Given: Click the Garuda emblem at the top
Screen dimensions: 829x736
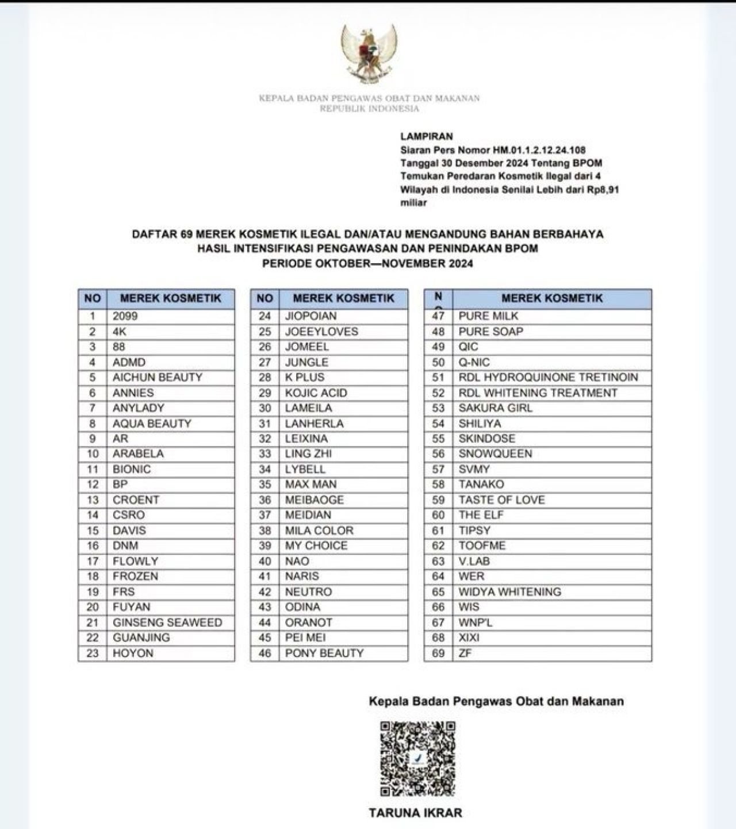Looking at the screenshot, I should (369, 53).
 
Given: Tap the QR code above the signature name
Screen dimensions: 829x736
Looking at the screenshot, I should (418, 758).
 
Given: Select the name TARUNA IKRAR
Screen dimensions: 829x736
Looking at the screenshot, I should (415, 812).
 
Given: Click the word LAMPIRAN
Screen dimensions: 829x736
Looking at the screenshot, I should (427, 136).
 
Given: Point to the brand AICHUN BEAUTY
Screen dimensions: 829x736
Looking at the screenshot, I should (158, 377).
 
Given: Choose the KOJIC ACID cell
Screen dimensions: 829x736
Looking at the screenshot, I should (316, 393).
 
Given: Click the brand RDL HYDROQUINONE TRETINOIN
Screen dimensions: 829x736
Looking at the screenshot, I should (548, 377).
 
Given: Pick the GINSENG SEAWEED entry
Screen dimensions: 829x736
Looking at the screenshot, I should (167, 622).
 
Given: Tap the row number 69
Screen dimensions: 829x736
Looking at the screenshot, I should (438, 653).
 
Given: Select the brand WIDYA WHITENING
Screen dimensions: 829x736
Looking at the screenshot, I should (509, 592).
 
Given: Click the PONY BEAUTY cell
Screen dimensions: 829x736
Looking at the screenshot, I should (324, 653).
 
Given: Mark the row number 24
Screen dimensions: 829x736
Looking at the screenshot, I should (264, 316).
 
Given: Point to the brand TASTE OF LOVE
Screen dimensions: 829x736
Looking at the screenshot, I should (501, 500).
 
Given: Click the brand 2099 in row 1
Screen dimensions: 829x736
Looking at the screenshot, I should (125, 316).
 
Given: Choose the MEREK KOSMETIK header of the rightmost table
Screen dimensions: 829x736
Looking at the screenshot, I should (552, 298).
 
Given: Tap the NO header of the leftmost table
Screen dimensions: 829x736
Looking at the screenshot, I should (92, 298).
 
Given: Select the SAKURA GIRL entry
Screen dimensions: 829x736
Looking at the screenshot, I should (495, 408).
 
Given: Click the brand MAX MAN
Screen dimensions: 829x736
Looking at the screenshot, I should (311, 484).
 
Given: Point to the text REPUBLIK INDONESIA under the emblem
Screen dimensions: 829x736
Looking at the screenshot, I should (369, 108).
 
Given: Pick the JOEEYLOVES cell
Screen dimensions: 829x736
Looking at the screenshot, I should (321, 331).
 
